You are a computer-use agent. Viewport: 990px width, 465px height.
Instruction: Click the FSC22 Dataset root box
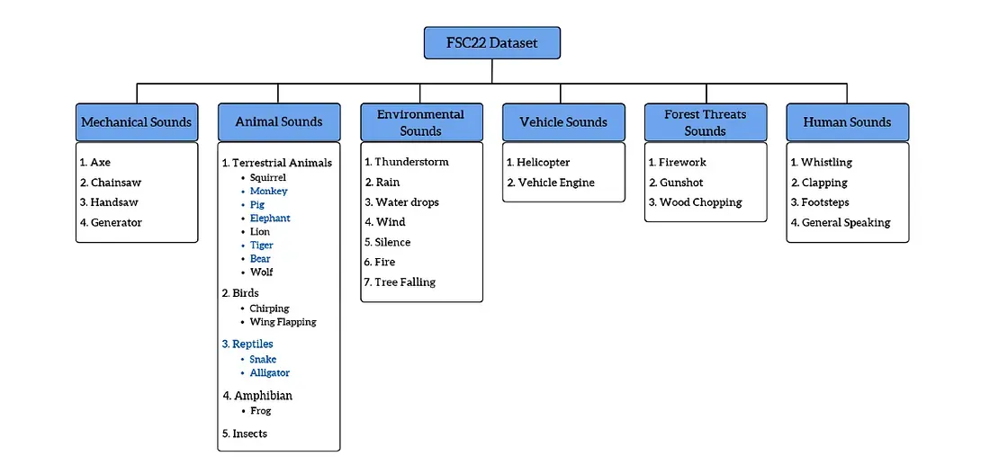click(492, 42)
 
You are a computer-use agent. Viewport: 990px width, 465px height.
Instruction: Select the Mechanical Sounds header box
click(136, 121)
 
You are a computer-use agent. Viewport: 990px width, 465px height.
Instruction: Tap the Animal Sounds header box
click(278, 121)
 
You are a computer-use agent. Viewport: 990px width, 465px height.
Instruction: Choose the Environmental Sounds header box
click(420, 121)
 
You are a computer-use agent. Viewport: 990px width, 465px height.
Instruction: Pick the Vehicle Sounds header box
click(563, 121)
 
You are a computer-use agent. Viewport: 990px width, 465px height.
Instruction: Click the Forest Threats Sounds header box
click(705, 121)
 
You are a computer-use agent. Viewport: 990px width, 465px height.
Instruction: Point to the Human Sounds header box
click(847, 121)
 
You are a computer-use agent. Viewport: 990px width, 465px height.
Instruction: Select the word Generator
click(116, 222)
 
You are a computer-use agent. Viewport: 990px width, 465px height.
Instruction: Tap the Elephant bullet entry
click(270, 218)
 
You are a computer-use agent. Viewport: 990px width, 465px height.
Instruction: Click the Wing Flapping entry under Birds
click(283, 321)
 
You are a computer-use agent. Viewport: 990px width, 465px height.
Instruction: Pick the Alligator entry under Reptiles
click(269, 372)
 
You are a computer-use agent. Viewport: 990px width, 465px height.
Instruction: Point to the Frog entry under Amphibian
click(260, 410)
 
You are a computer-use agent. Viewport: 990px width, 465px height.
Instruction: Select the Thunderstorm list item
click(411, 162)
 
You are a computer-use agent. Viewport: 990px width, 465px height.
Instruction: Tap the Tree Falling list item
click(405, 282)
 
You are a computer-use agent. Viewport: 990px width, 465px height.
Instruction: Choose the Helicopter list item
click(543, 162)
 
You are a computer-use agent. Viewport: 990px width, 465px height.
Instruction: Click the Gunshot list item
click(681, 183)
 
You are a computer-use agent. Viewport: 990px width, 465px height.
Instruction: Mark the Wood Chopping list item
click(700, 202)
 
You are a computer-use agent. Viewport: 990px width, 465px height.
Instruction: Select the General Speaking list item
click(845, 222)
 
